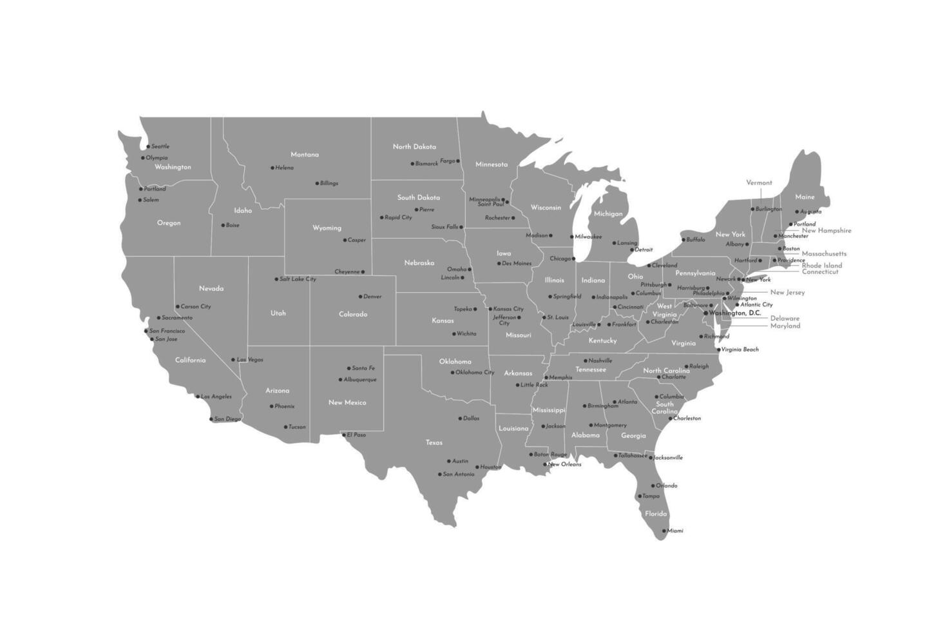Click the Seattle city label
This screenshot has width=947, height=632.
click(160, 146)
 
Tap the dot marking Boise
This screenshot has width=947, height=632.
click(223, 225)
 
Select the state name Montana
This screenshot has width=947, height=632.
click(305, 155)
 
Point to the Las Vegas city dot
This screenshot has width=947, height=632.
click(233, 360)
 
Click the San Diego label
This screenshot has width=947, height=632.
click(227, 419)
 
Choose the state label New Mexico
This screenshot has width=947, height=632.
click(347, 402)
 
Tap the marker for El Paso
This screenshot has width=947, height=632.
click(343, 435)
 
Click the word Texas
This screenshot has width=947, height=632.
click(434, 442)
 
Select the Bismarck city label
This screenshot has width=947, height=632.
click(426, 164)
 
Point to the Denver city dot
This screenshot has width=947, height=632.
click(360, 297)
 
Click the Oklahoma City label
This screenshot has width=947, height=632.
click(475, 372)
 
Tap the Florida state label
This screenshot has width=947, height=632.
click(656, 514)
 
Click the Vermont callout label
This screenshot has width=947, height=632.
click(759, 183)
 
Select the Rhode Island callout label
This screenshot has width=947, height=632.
click(821, 265)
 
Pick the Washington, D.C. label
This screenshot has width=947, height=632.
click(735, 313)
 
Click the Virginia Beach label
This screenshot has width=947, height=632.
click(740, 350)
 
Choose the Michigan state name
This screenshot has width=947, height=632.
click(608, 213)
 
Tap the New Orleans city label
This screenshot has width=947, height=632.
click(564, 464)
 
